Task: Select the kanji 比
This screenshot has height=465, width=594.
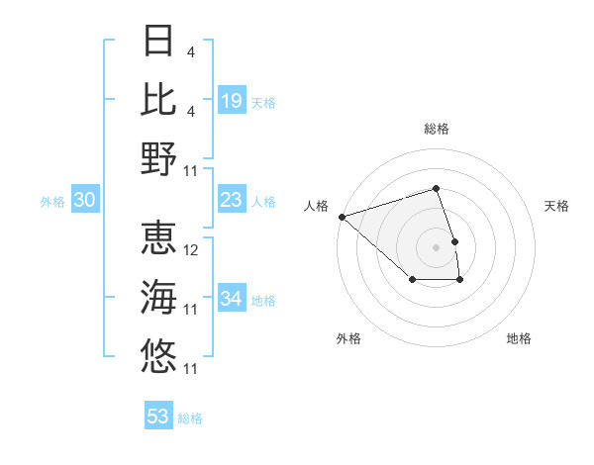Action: (159, 99)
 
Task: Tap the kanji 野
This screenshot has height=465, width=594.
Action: (159, 157)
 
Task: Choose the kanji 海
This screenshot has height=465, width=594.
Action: (159, 297)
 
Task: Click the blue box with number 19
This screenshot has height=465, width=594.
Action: (232, 100)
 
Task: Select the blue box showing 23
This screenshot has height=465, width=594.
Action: (232, 200)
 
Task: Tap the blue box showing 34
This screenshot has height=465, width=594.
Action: (232, 299)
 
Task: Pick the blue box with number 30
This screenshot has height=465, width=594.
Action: (84, 200)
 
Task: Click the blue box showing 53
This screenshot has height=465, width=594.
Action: (158, 417)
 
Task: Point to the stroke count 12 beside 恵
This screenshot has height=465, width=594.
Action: (192, 250)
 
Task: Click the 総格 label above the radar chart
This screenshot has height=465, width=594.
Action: (436, 129)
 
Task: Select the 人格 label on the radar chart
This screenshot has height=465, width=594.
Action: (316, 206)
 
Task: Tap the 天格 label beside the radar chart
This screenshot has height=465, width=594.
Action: (556, 206)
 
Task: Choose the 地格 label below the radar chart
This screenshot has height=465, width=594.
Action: (519, 338)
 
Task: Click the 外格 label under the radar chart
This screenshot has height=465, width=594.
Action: (348, 338)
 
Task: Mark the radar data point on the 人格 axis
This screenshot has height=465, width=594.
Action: (342, 216)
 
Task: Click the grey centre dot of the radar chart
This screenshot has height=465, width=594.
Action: (436, 246)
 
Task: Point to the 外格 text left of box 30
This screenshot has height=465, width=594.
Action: (52, 201)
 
